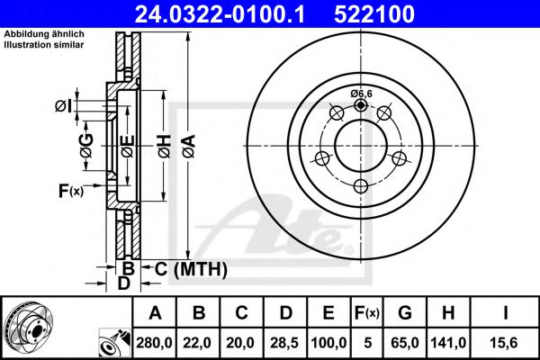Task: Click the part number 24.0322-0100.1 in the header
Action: [x=220, y=13]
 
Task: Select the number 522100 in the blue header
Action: [x=374, y=13]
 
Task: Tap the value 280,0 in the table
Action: [x=154, y=343]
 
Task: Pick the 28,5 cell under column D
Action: [x=284, y=343]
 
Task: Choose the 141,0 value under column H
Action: [x=448, y=343]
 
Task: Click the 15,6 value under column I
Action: [x=505, y=343]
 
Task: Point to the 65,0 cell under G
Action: [x=405, y=343]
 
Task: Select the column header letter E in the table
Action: [x=328, y=313]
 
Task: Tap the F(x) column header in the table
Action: [x=367, y=313]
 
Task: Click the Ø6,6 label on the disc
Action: [x=361, y=94]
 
